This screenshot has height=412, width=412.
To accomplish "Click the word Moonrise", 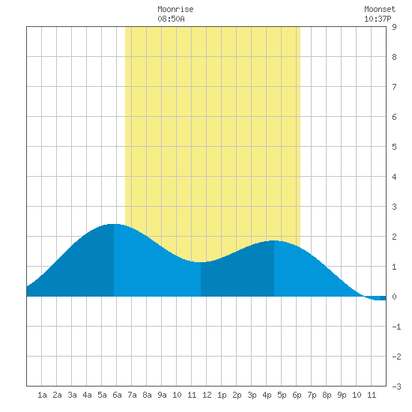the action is (175, 9).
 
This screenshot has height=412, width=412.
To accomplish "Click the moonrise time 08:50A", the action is (171, 19).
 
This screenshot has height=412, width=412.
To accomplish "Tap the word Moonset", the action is (380, 9).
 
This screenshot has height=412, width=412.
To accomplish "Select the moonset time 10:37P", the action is (378, 19).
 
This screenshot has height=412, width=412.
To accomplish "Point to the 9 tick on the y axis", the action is (394, 27).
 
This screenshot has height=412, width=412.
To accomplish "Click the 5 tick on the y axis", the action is (394, 147).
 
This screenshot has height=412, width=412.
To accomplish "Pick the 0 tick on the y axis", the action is (394, 297).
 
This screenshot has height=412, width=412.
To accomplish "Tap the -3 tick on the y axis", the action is (396, 387).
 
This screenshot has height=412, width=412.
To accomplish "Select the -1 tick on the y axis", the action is (396, 327).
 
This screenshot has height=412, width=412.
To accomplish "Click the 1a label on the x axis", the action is (42, 395).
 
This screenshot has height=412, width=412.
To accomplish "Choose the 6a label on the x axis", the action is (117, 395).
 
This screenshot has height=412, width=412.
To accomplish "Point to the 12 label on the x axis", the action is (207, 395).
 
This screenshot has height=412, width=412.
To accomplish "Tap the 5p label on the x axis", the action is (282, 395).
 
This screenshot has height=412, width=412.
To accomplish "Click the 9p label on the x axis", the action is (342, 395).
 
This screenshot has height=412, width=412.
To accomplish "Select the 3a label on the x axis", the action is (72, 395).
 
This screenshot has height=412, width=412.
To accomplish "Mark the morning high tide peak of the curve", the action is (114, 225).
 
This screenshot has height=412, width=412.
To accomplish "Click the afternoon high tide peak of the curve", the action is (273, 240).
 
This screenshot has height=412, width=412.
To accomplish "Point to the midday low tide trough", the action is (201, 262).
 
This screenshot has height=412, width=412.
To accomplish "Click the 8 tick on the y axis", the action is (394, 57).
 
